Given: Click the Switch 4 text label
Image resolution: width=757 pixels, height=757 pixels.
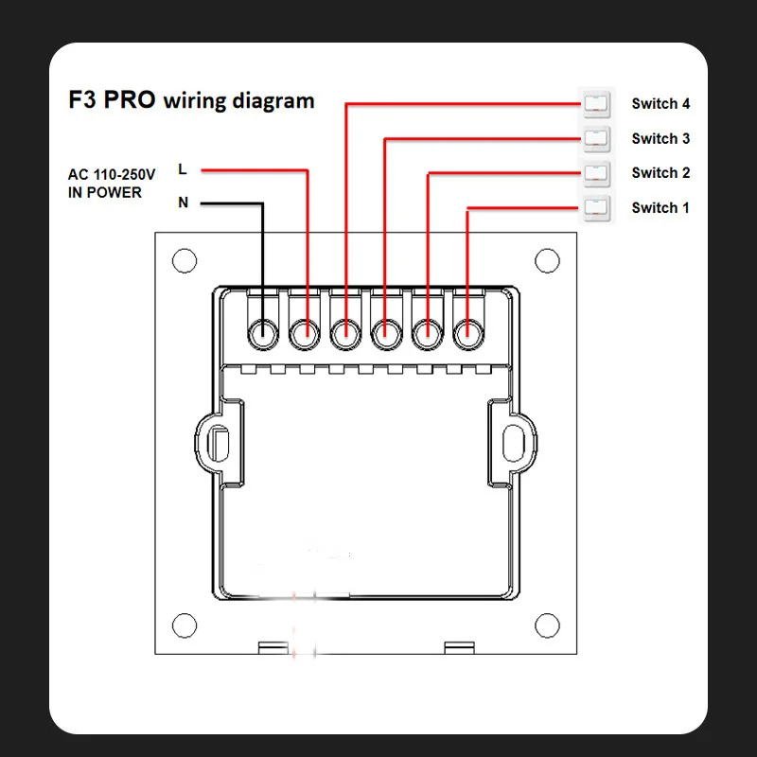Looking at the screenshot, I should pos(660,103).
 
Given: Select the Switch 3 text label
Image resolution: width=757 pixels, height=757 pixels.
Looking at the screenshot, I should pos(660,138).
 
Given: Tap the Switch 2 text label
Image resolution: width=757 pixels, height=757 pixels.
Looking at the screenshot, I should pos(660,172).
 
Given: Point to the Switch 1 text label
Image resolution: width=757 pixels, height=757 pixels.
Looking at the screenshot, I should pos(660,207).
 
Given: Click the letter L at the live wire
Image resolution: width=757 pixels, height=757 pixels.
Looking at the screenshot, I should pos(183,170).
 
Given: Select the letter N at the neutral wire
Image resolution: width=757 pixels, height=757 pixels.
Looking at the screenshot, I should pos(183,202).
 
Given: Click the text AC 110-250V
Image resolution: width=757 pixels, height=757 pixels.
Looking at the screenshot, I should pos(111,175).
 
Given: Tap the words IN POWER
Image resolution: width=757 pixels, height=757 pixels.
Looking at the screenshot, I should pos(105,193).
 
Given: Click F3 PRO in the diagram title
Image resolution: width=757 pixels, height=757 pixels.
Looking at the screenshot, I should pos(112,100).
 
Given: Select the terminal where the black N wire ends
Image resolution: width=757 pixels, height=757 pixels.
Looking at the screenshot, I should pos(262,331).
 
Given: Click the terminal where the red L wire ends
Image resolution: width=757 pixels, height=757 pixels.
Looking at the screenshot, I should pos(304,331).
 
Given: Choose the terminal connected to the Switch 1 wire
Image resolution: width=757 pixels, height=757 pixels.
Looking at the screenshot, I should pos(467,331).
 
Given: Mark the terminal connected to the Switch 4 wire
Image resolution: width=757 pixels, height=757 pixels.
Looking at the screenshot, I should pos(345,331).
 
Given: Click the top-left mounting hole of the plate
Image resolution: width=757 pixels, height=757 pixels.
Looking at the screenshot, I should pos(184,259).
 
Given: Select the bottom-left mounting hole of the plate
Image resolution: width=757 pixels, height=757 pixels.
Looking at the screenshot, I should pos(184,625).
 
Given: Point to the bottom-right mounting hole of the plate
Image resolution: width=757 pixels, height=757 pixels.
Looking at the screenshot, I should pos(546,625).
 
